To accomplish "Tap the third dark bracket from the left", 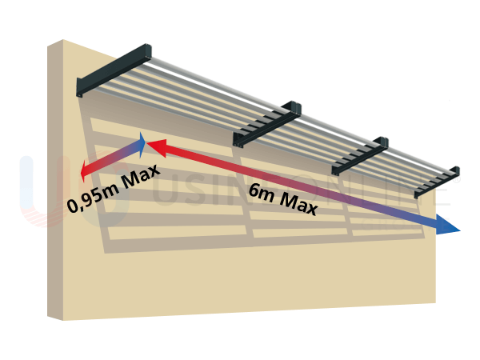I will tap(360, 156).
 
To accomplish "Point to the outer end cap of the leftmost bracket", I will tap(146, 53).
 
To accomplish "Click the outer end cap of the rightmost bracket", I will tap(456, 170).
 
